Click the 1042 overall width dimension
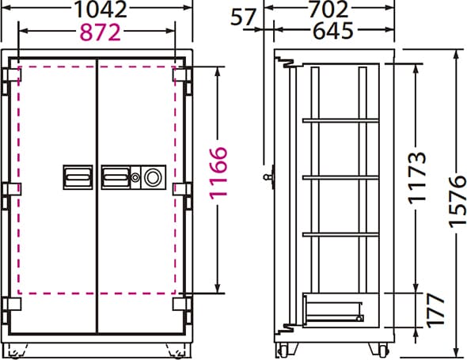coord(101,9)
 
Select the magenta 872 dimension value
coord(101,32)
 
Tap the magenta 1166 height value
coord(218,172)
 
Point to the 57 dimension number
coord(243,17)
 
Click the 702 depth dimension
coord(328,9)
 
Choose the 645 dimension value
coord(333,31)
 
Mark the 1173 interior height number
coord(417,178)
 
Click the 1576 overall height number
coord(458,202)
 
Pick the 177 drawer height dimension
coord(435,310)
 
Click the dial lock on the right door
coord(153,177)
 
